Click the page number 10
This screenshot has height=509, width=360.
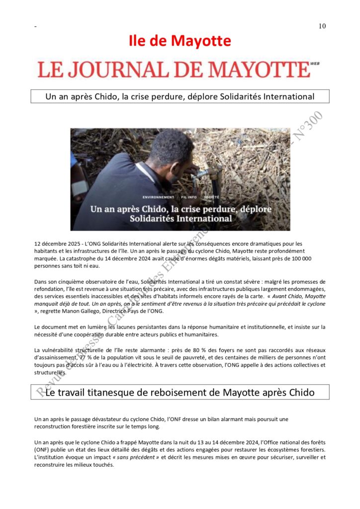322,26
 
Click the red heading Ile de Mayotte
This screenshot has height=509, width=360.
180,41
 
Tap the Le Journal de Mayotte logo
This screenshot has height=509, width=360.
174,70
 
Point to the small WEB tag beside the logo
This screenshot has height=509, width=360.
314,64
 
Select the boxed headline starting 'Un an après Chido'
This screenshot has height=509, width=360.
180,96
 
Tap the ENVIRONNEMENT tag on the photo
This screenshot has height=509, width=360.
158,197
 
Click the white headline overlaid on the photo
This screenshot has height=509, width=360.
180,213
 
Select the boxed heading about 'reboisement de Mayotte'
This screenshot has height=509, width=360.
180,392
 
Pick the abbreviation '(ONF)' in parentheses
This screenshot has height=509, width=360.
42,450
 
